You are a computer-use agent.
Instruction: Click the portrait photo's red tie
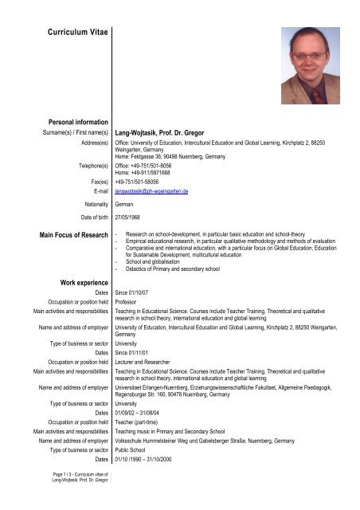point(315,96)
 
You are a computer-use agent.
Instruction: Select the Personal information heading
point(73,120)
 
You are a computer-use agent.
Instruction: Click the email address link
point(155,192)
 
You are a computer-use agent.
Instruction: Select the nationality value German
point(127,205)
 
